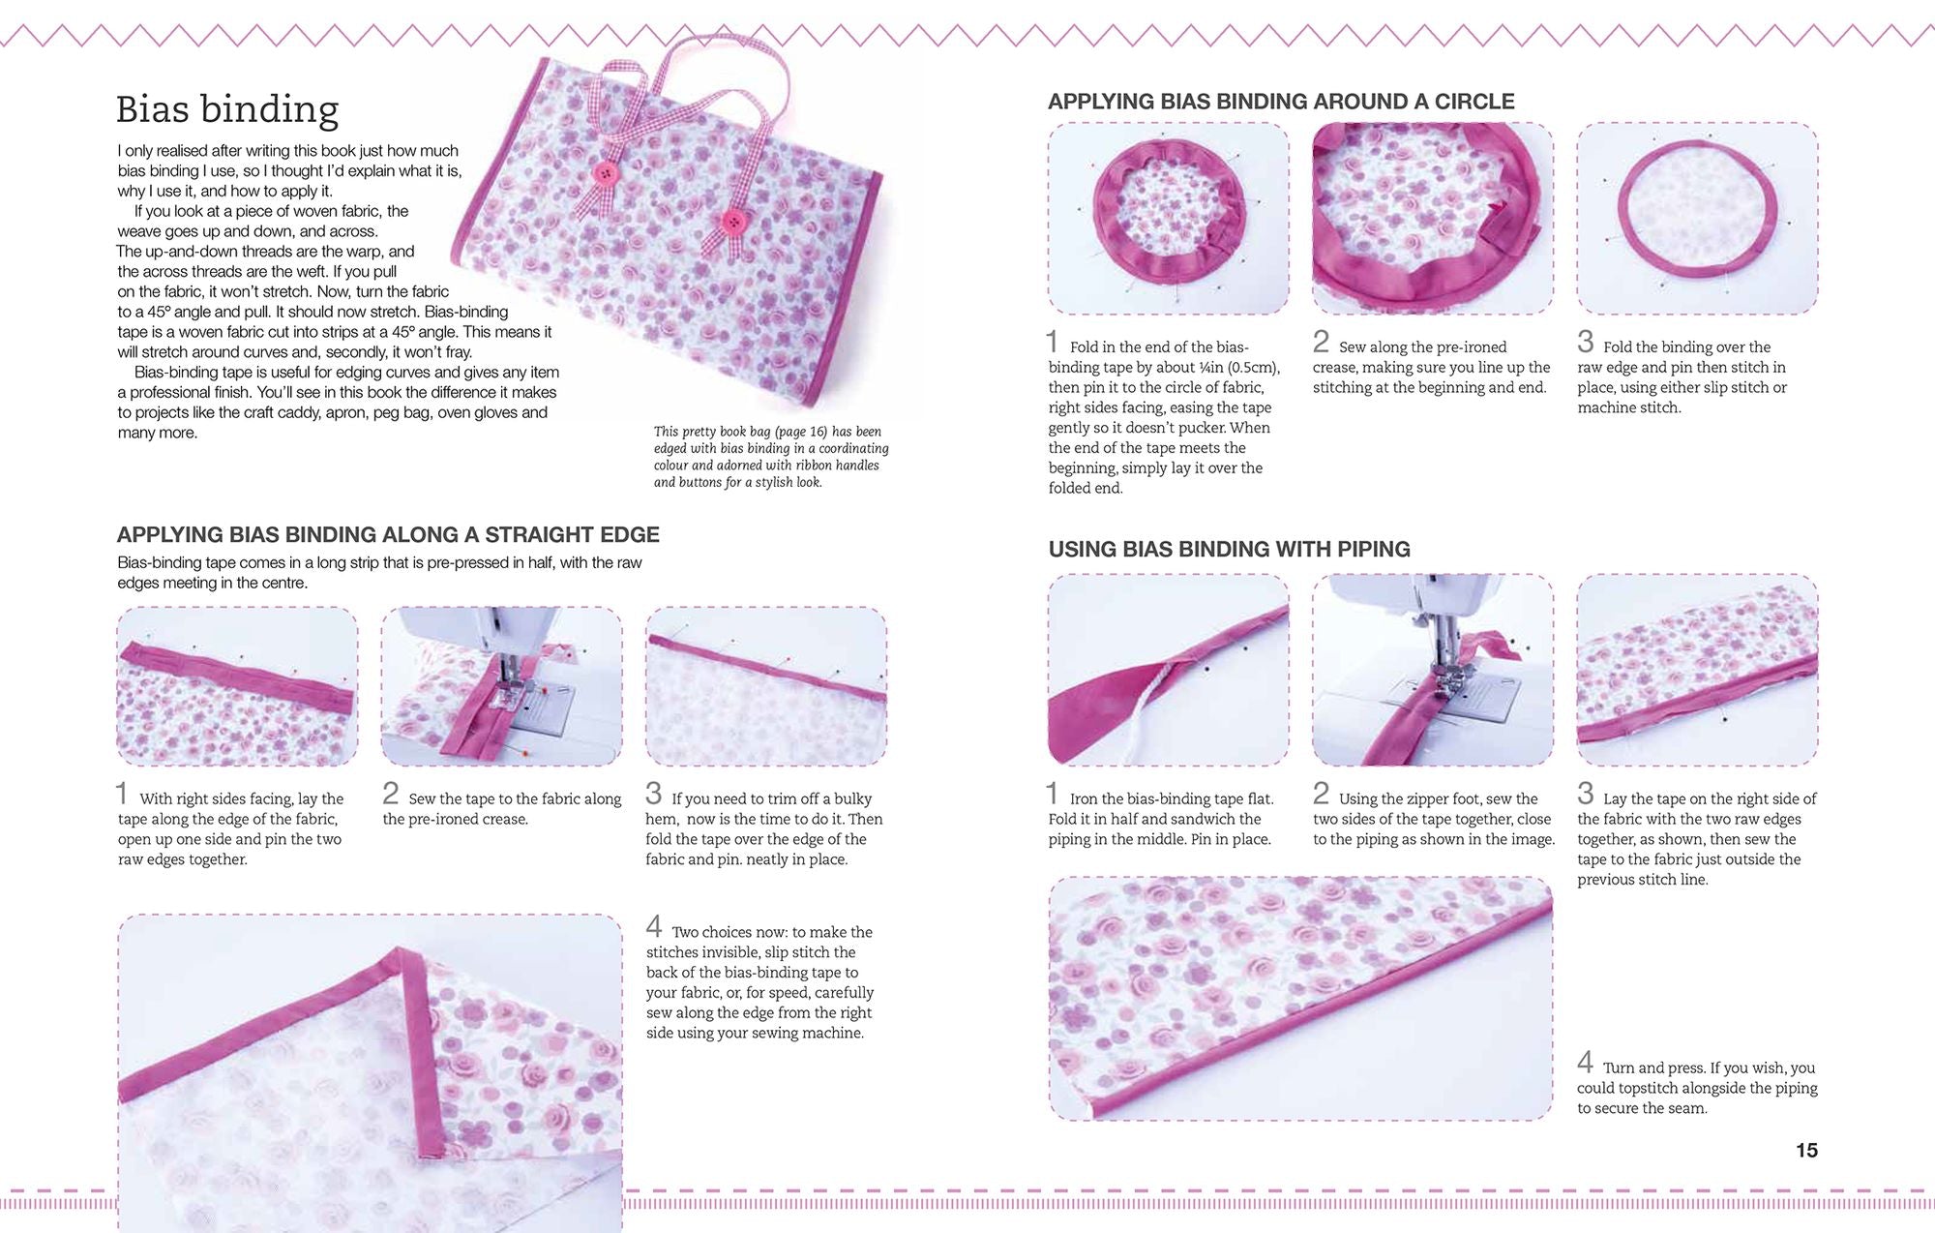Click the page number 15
coord(1806,1150)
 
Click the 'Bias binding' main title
coord(227,110)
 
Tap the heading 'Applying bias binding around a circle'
coord(1281,102)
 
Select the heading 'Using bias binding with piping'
coord(1229,549)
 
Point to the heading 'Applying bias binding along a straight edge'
coord(388,534)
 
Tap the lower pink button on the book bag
coord(734,222)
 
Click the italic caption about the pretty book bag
coord(771,457)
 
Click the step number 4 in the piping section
coord(1585,1063)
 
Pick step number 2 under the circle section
coord(1321,342)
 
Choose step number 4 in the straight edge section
coord(654,927)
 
